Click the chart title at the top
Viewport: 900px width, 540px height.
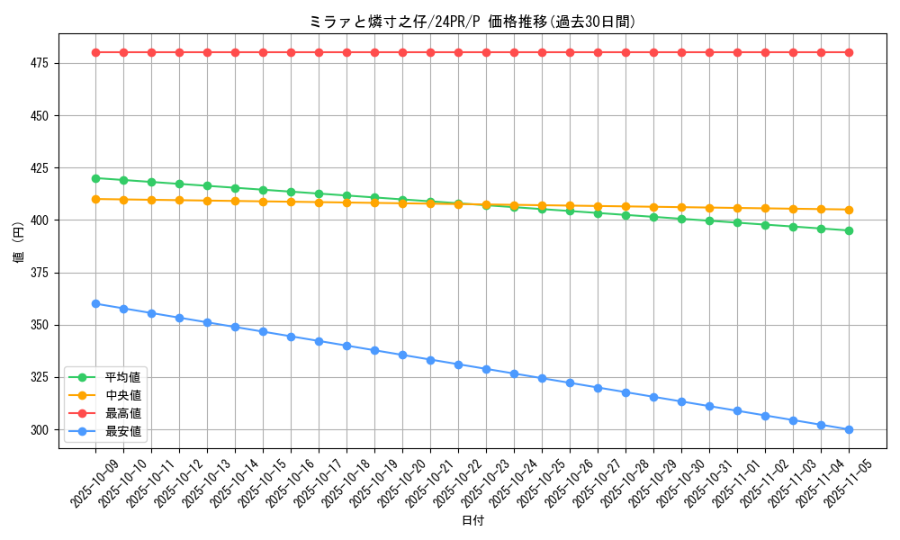point(472,22)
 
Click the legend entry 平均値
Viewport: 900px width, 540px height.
point(122,377)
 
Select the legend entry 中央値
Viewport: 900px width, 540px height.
point(122,395)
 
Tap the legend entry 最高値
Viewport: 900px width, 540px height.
point(122,413)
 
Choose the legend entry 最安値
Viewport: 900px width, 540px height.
point(122,431)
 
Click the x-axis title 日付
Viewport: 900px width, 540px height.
point(472,520)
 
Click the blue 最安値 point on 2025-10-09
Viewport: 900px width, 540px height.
point(95,303)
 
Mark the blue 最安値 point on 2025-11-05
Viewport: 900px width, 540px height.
point(849,429)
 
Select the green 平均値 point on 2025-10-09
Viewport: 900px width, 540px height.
point(95,178)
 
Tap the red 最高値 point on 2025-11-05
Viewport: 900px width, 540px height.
point(849,52)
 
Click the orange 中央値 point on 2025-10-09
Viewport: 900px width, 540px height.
point(95,199)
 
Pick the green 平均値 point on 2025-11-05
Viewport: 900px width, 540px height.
point(849,230)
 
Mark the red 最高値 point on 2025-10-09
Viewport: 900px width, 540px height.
point(95,52)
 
